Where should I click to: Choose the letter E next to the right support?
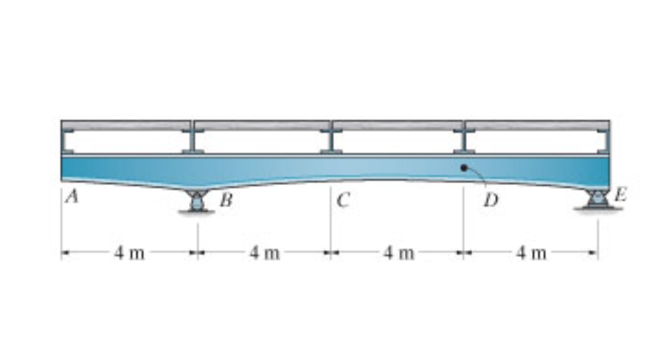point(620,195)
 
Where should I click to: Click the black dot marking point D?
point(463,167)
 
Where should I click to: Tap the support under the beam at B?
point(197,201)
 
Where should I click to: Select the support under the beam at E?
point(597,199)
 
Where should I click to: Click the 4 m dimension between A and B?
point(129,253)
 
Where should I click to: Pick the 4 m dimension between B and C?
point(263,253)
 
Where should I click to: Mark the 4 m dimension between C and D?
point(398,253)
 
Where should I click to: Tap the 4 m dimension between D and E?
point(531,253)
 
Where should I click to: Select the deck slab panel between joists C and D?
point(398,125)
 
